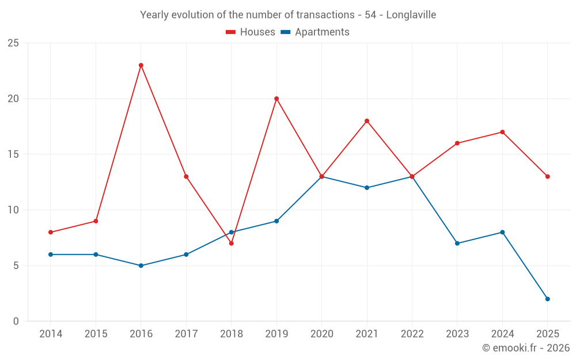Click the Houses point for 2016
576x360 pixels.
point(141,65)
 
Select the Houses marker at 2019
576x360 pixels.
point(276,98)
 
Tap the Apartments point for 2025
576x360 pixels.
point(548,299)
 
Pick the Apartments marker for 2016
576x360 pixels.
point(141,266)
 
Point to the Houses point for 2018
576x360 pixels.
point(232,243)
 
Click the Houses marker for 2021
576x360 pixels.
point(367,121)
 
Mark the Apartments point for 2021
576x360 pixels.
point(367,188)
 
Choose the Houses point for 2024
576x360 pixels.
point(502,132)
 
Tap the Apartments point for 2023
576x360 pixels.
point(457,243)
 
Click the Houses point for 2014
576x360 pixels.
point(51,232)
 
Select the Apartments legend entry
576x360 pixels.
point(315,32)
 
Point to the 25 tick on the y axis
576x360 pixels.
point(13,43)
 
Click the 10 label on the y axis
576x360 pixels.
point(13,210)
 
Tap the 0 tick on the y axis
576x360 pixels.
point(16,321)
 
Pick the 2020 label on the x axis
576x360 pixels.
point(321,334)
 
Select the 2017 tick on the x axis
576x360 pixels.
point(186,334)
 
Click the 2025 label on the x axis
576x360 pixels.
point(548,334)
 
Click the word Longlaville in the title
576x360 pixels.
point(411,15)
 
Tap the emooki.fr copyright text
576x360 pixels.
point(526,348)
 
